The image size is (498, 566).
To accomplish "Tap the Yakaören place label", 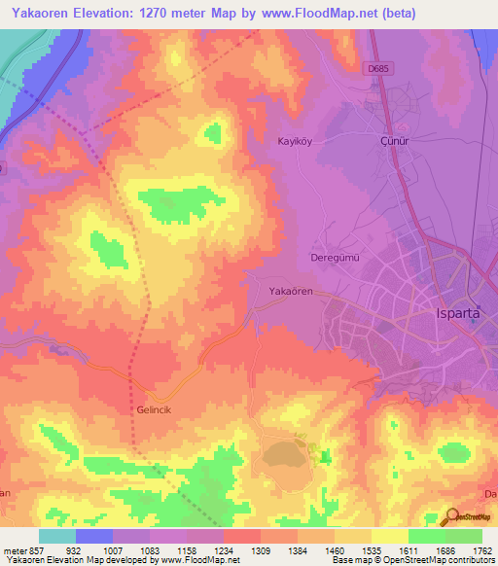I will point(291,291).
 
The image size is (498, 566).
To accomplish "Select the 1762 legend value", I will point(481,550).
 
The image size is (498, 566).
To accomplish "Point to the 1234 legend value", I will point(224,550).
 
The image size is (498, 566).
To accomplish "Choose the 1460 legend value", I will point(334,550).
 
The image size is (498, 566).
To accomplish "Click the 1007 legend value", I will point(113,550).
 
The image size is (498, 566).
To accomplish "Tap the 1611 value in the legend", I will point(408,550).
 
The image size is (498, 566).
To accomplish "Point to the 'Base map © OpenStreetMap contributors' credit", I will point(412,560).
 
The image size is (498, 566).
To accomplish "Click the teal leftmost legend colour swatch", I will point(56,536).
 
